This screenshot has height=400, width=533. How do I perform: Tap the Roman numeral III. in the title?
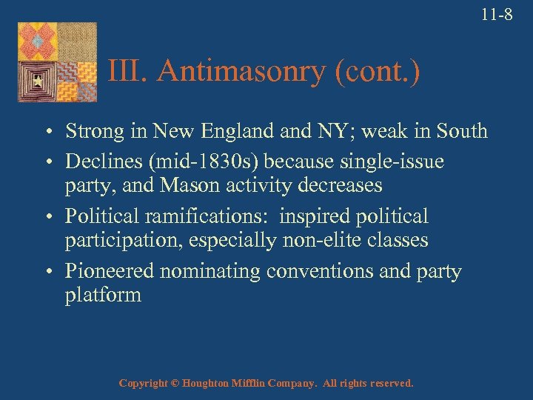coord(129,71)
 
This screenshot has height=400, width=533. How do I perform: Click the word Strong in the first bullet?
coord(95,131)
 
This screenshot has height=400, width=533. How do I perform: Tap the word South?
coord(461,131)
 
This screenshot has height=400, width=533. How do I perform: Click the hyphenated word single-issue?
coord(407,159)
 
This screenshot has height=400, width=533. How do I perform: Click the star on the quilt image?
coord(33,80)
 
